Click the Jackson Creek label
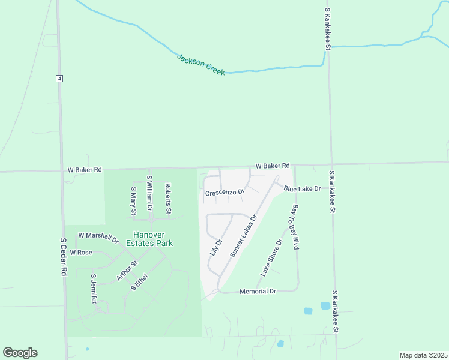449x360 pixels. [x=200, y=64]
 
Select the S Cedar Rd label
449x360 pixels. [x=63, y=256]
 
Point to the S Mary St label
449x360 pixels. [x=133, y=200]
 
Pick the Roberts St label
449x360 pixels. [x=169, y=199]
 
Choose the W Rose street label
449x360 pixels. [x=81, y=253]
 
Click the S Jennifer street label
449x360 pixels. [x=94, y=289]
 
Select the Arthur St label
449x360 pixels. [x=127, y=271]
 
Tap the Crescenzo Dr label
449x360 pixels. [x=225, y=193]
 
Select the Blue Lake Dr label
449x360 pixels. [x=303, y=188]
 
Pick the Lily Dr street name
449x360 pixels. [x=216, y=247]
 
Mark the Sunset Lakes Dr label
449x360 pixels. [x=243, y=236]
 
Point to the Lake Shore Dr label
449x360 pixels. [x=271, y=258]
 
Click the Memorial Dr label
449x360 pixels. [x=257, y=291]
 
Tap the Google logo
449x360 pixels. [x=20, y=353]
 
